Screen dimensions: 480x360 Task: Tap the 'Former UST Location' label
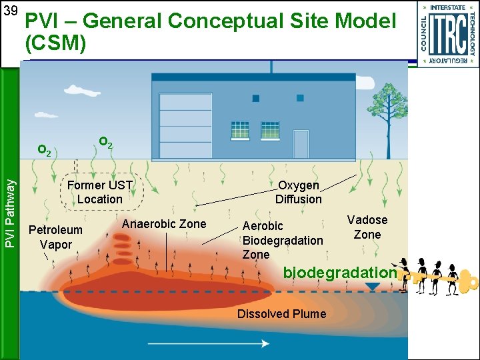coord(100,192)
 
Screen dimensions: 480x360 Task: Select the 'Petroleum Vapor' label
coord(55,237)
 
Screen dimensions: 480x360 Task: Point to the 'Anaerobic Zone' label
coord(164,224)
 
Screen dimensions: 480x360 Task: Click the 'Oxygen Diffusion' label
coord(299,192)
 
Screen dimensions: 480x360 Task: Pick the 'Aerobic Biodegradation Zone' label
coord(283,240)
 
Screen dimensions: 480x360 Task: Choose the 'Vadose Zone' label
coord(367,227)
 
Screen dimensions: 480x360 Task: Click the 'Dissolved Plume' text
coord(281,313)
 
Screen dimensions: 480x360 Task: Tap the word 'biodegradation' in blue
coord(340,272)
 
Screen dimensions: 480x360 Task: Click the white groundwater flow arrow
coord(208,343)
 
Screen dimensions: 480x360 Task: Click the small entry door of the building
coord(301,143)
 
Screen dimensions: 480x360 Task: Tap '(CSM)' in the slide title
coord(55,44)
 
